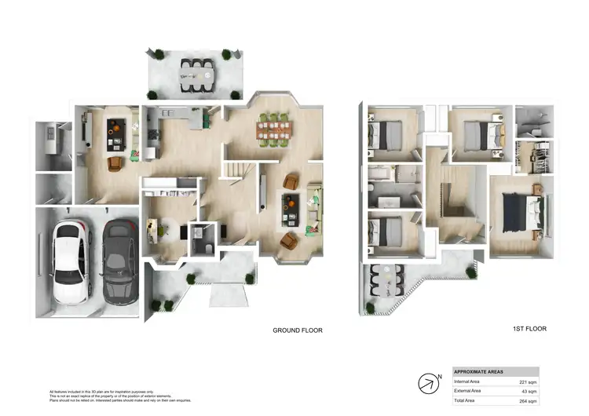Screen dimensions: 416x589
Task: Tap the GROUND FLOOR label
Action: [x=297, y=330]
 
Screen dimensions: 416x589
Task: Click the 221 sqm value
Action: [x=527, y=381]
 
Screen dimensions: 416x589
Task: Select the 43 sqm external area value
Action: [x=529, y=391]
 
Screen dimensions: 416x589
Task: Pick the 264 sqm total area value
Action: [x=527, y=401]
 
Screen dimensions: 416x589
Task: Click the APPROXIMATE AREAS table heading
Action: [x=479, y=371]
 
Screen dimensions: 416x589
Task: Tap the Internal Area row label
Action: [x=469, y=381]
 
